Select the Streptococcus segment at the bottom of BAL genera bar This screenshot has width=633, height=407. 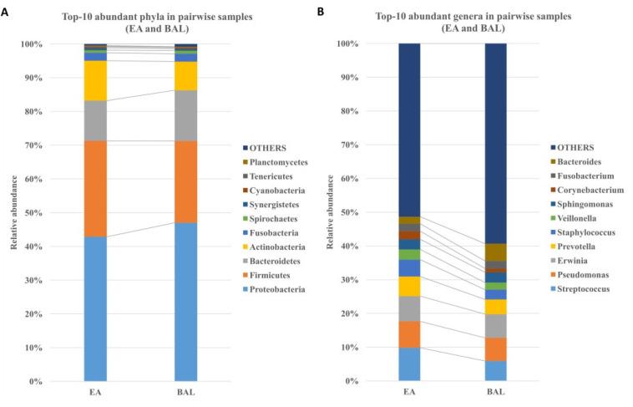click(x=495, y=370)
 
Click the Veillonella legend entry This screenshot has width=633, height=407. click(x=577, y=214)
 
